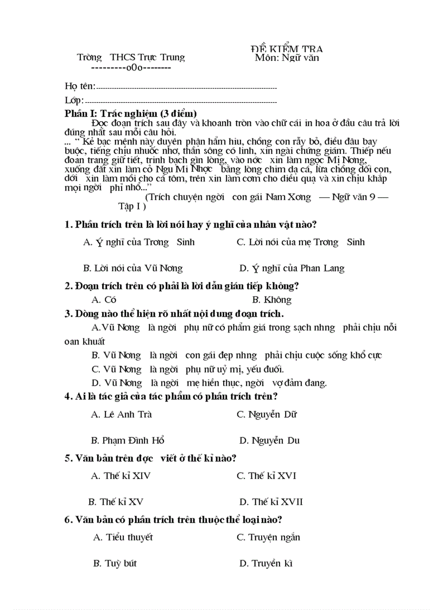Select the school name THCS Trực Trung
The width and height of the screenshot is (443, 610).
click(x=147, y=57)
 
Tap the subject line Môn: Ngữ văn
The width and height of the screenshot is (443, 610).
click(x=287, y=58)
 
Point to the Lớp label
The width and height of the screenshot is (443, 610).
click(x=74, y=100)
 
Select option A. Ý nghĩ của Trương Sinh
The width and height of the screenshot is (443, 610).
click(x=139, y=242)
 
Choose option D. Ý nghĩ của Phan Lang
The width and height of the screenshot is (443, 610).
click(x=292, y=268)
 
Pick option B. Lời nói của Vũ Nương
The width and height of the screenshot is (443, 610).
click(x=133, y=268)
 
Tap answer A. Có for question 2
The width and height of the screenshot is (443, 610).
click(x=104, y=299)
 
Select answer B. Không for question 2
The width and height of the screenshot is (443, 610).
click(x=272, y=299)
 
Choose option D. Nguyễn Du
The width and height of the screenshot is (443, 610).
click(x=269, y=441)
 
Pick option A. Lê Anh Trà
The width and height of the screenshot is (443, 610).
click(x=121, y=414)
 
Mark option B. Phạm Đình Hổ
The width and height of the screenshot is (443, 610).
click(x=128, y=441)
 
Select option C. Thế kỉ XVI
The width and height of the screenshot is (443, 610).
click(x=266, y=476)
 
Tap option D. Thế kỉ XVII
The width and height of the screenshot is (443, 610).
click(x=271, y=502)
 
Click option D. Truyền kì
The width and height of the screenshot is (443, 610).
click(x=266, y=563)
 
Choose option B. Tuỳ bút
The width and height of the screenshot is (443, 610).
click(x=115, y=563)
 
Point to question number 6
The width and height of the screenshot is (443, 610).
click(x=68, y=520)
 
